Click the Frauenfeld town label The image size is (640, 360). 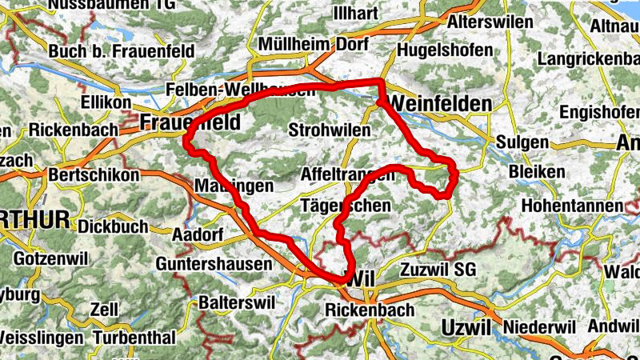coord(181,122)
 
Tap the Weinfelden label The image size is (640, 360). coord(441,104)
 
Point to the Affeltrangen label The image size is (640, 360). coord(346,175)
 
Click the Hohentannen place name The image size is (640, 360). coord(572,206)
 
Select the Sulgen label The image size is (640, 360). coord(522,142)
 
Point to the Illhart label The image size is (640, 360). coord(361,14)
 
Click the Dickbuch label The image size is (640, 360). coord(113,226)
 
